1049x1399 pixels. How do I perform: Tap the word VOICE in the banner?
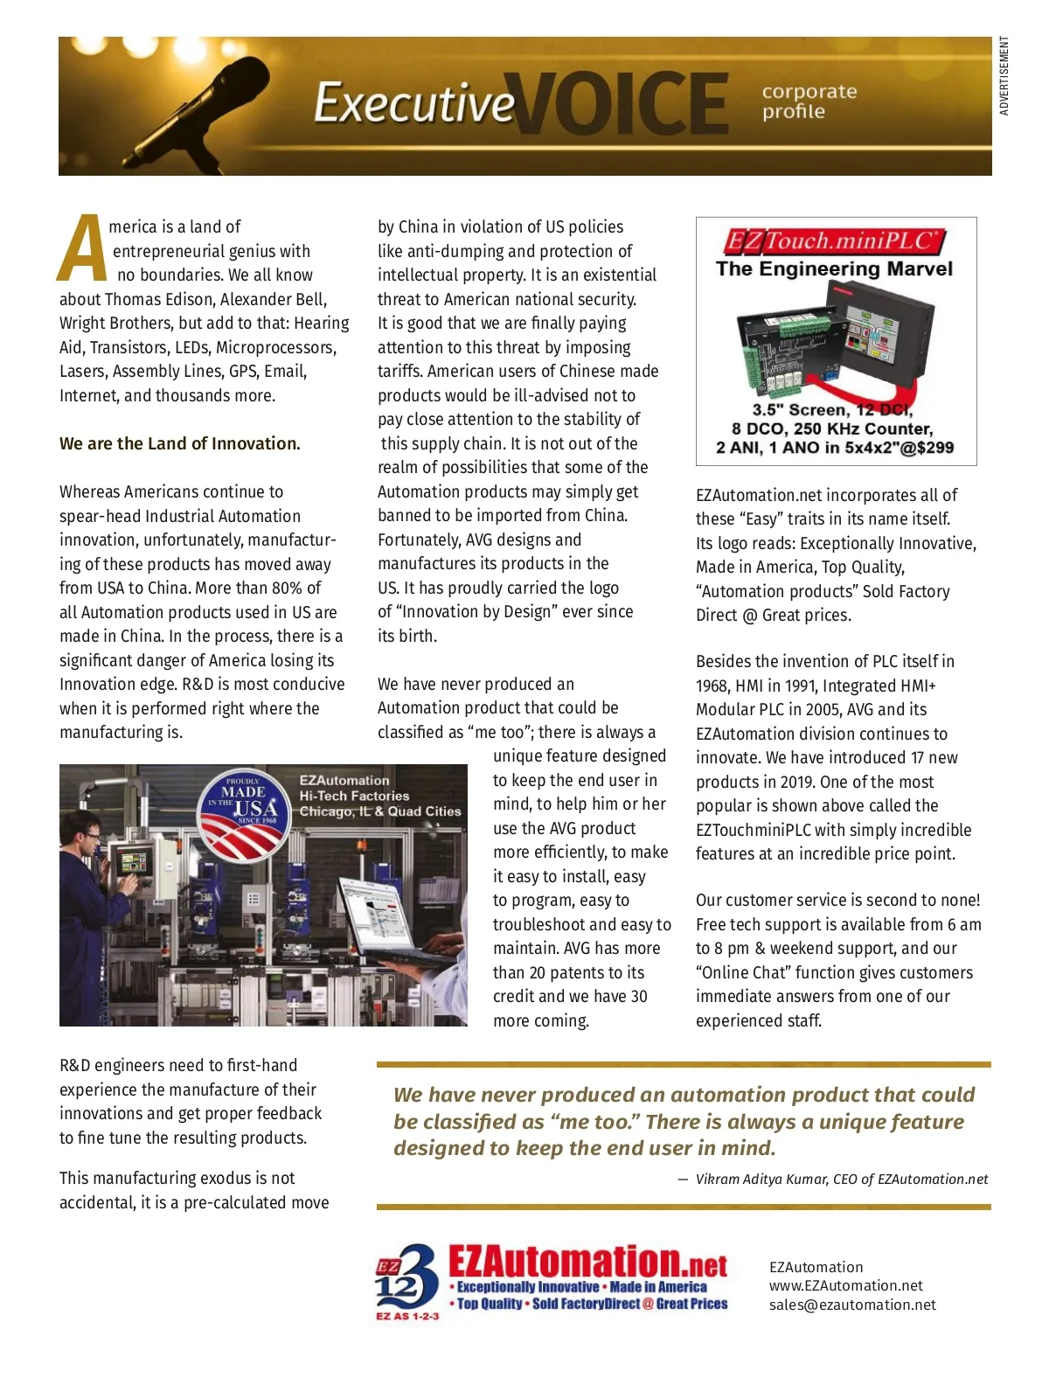click(x=622, y=104)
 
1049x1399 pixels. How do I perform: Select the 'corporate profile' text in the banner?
click(x=809, y=101)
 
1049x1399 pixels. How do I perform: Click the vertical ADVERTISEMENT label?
click(x=1004, y=76)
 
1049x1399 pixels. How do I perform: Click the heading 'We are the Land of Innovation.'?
click(x=179, y=443)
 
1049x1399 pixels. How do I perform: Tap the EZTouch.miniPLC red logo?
click(x=835, y=240)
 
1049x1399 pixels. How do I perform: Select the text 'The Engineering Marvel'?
click(x=834, y=268)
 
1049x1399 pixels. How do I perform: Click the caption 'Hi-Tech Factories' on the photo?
click(x=354, y=796)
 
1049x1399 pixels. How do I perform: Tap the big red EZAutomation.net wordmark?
click(x=587, y=1262)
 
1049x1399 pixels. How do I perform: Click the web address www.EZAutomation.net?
click(x=845, y=1285)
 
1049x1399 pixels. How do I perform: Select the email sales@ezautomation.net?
click(x=851, y=1305)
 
